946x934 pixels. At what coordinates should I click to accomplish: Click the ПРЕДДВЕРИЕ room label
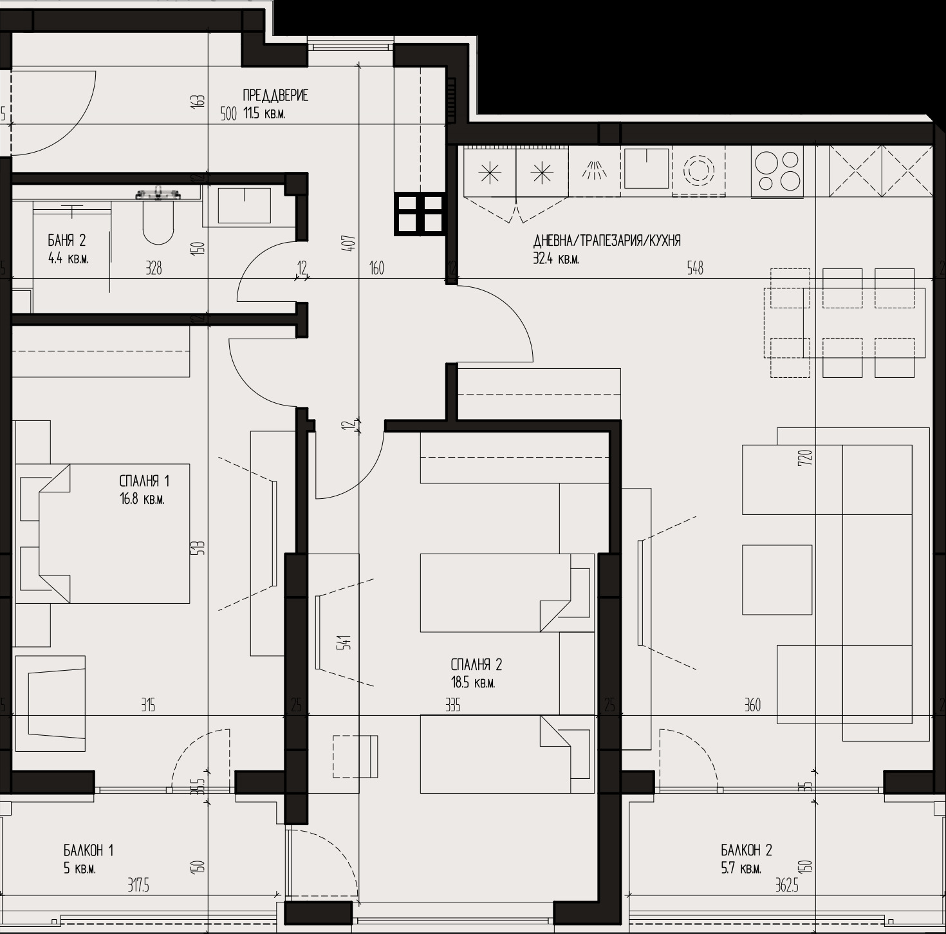point(275,95)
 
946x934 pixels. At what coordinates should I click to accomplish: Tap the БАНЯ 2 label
point(67,241)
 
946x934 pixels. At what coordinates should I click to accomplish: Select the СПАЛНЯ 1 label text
point(144,481)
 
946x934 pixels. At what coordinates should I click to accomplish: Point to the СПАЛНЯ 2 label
point(476,665)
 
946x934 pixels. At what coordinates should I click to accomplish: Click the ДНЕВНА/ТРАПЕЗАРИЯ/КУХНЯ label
point(607,241)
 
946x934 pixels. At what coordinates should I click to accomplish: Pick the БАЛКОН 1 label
point(88,850)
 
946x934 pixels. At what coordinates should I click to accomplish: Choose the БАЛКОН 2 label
point(747,850)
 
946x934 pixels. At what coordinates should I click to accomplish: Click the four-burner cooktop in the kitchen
point(777,171)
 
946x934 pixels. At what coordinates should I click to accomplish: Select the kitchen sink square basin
point(646,169)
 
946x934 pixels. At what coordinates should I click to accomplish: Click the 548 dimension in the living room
point(695,268)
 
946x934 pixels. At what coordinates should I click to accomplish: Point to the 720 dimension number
point(806,458)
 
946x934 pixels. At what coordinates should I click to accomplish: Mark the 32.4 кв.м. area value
point(556,259)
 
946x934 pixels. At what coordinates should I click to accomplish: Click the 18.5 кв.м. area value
point(473,682)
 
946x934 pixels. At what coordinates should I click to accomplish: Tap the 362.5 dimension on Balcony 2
point(786,885)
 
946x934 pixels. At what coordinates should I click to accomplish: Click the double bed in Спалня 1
point(102,533)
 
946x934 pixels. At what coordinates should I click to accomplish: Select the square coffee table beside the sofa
point(777,579)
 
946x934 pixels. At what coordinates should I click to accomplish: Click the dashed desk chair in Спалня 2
point(355,756)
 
